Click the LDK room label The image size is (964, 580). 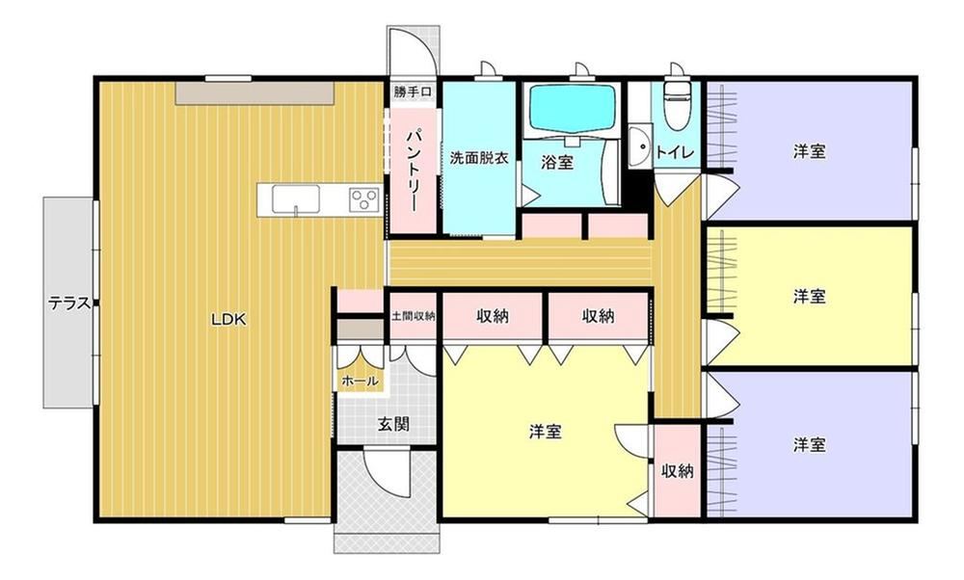pyautogui.click(x=228, y=320)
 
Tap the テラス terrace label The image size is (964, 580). pyautogui.click(x=69, y=303)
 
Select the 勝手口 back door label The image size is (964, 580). pyautogui.click(x=413, y=92)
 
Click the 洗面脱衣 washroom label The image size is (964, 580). pyautogui.click(x=479, y=158)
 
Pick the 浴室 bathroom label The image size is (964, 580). pyautogui.click(x=557, y=163)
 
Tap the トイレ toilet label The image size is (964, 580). pyautogui.click(x=675, y=152)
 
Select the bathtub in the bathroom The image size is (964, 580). pyautogui.click(x=573, y=108)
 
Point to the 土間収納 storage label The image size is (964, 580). pyautogui.click(x=414, y=316)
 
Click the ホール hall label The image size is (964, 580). pyautogui.click(x=360, y=381)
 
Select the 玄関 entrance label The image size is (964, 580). pyautogui.click(x=393, y=424)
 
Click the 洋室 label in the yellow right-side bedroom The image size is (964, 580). pyautogui.click(x=809, y=296)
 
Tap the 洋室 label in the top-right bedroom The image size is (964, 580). pyautogui.click(x=809, y=151)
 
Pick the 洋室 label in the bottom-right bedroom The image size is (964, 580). pyautogui.click(x=809, y=444)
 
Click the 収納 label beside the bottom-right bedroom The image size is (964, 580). pyautogui.click(x=678, y=471)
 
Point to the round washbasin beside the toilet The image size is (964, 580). pyautogui.click(x=640, y=145)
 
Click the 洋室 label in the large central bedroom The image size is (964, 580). pyautogui.click(x=546, y=432)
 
